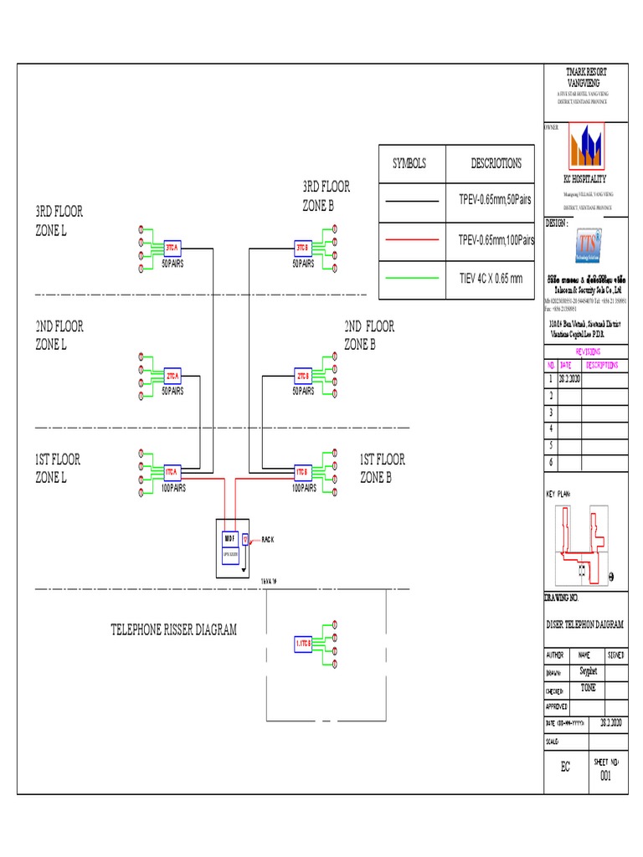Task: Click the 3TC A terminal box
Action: [x=172, y=248]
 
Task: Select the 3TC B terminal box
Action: [x=302, y=248]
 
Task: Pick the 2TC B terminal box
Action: [x=302, y=376]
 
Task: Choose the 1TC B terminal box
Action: [x=302, y=472]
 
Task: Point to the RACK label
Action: [x=268, y=540]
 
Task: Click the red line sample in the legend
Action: [x=411, y=240]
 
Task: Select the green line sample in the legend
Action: [x=411, y=278]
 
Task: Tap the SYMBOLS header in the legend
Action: [x=409, y=163]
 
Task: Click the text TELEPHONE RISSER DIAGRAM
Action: [x=173, y=629]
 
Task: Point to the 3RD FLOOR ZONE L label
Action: [x=59, y=221]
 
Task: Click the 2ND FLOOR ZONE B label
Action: [x=369, y=334]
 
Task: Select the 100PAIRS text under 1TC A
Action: [x=172, y=487]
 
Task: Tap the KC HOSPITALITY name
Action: [x=584, y=179]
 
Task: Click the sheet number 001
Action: [x=606, y=776]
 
